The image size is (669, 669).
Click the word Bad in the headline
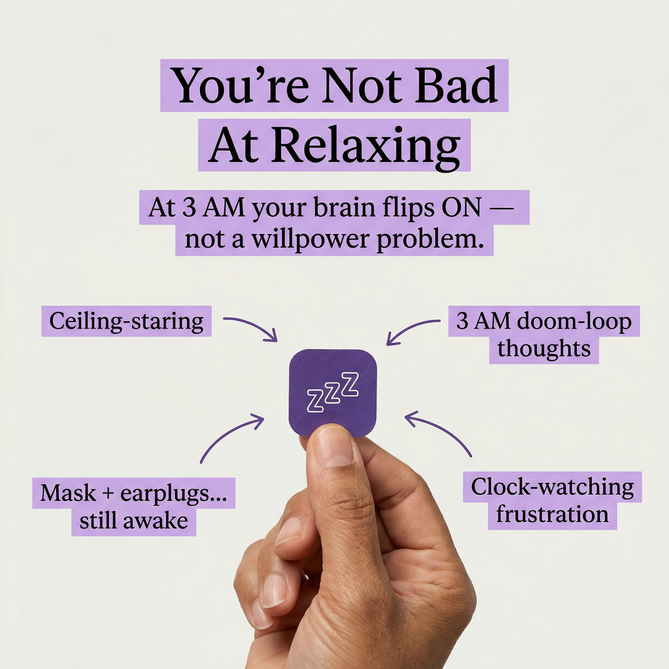point(456,86)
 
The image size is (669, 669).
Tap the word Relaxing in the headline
point(366,146)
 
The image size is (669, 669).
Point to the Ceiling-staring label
point(126,321)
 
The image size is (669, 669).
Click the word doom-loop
point(574,321)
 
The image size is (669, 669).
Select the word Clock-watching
point(552,487)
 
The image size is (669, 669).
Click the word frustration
point(552,514)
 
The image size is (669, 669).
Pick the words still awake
point(134,521)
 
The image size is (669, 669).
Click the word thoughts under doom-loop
point(544,349)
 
